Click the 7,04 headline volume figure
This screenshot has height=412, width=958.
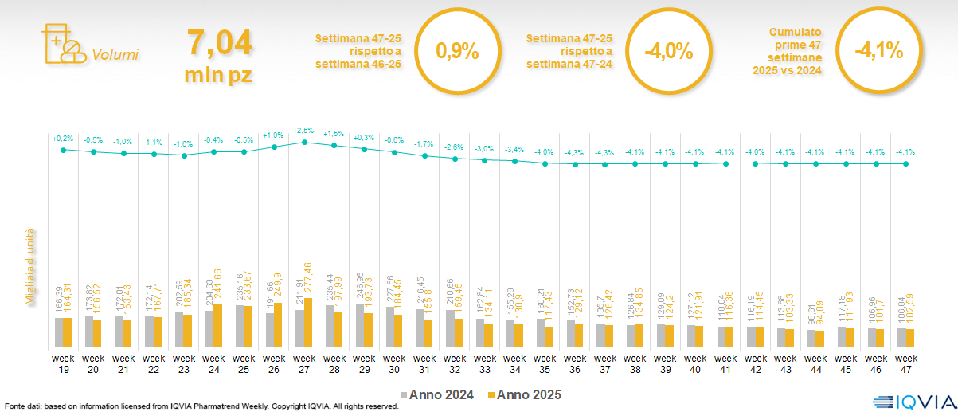point(219,42)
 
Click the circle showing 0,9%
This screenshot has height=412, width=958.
point(457,52)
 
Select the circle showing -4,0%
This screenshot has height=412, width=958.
point(668,52)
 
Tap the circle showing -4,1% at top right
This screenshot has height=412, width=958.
point(878,50)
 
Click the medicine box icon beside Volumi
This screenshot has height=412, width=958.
point(63,44)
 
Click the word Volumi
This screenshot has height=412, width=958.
point(115,55)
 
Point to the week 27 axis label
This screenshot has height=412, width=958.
point(303,364)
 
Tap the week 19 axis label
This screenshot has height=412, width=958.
point(63,364)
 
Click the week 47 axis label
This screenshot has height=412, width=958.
point(905,364)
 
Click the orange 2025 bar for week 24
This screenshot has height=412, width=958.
point(218,326)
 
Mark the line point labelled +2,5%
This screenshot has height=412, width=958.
point(304,143)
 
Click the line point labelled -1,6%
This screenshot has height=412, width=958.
point(184,155)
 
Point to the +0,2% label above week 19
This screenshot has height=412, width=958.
point(63,139)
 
